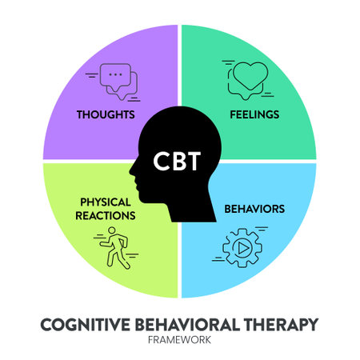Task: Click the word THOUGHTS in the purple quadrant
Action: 106,114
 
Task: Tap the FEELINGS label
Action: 254,114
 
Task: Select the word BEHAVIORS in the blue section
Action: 254,209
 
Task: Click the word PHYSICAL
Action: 106,202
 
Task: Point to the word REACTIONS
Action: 106,215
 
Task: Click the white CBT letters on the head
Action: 177,161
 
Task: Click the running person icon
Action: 117,248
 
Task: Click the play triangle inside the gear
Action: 243,248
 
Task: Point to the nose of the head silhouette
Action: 130,170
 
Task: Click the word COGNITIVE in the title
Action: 86,325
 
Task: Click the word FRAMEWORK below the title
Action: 179,340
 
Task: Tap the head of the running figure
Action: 112,230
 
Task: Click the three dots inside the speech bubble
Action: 115,74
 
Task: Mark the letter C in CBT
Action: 161,161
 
